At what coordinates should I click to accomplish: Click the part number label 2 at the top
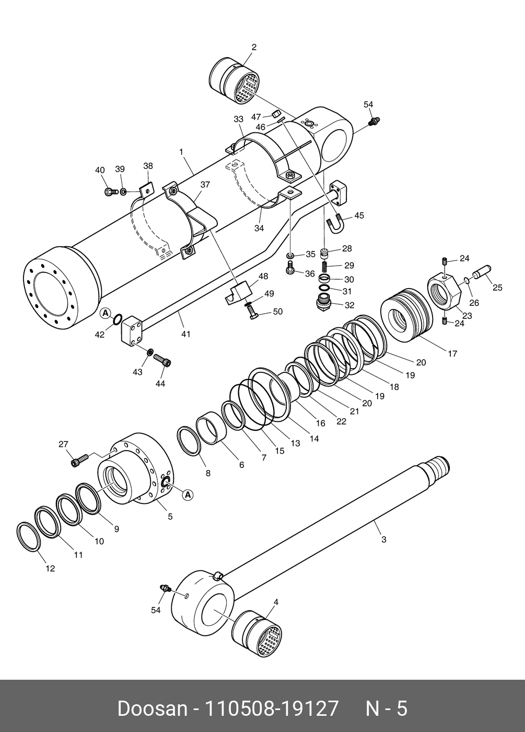point(254,47)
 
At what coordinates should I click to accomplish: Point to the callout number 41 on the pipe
point(186,333)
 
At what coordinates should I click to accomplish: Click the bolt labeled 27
point(78,460)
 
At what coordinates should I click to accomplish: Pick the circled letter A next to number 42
point(106,313)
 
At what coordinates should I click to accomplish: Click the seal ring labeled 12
point(28,536)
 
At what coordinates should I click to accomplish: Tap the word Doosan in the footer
point(152,708)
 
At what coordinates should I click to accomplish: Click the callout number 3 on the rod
point(383,539)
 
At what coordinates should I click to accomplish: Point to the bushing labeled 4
point(257,634)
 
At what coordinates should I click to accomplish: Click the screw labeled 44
point(163,361)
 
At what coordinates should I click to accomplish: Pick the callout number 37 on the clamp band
point(205,185)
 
